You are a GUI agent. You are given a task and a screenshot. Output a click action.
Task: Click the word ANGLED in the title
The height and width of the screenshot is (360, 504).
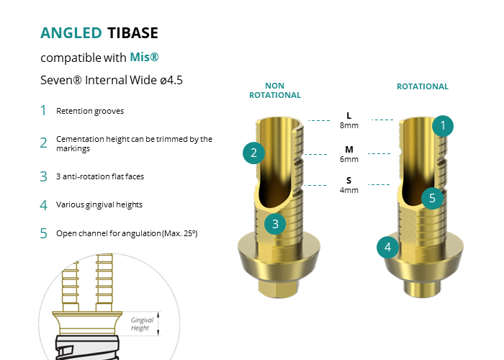[71, 33]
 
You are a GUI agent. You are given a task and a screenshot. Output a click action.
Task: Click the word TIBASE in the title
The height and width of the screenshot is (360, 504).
[132, 33]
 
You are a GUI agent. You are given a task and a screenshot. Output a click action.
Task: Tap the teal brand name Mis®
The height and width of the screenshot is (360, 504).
[144, 57]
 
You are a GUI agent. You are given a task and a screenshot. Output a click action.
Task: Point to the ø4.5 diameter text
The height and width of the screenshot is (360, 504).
[171, 80]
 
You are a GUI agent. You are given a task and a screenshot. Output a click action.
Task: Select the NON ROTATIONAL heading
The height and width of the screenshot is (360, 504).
[275, 90]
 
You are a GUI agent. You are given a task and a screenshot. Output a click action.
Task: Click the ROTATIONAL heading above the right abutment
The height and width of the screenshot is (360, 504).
[423, 86]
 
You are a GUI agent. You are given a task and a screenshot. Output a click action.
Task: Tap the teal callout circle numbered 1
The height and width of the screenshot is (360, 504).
[443, 126]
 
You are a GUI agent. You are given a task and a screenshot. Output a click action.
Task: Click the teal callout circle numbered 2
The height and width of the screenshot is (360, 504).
[253, 153]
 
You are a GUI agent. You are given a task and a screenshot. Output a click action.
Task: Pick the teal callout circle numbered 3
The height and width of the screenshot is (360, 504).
[275, 224]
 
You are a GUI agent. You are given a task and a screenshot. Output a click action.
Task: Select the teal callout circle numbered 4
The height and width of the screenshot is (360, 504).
[387, 247]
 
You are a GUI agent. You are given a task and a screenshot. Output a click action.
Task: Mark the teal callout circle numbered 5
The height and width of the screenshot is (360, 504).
[432, 198]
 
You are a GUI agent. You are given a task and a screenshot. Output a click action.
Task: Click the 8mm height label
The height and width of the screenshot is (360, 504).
[349, 125]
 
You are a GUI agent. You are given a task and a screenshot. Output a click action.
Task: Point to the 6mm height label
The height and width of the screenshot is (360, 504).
[349, 159]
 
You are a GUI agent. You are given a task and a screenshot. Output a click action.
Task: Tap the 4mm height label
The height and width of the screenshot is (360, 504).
[349, 190]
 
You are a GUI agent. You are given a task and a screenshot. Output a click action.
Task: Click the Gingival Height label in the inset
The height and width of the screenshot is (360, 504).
[142, 324]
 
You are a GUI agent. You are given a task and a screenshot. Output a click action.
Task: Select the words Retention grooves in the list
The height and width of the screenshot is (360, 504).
[90, 111]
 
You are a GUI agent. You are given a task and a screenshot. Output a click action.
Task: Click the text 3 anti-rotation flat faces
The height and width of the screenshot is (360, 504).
[100, 176]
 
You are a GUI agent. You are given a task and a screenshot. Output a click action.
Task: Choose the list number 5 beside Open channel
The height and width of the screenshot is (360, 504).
[43, 233]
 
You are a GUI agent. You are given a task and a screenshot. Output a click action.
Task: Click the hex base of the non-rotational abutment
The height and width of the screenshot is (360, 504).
[279, 288]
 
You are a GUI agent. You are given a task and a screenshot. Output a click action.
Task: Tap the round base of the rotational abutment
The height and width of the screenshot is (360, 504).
[422, 289]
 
